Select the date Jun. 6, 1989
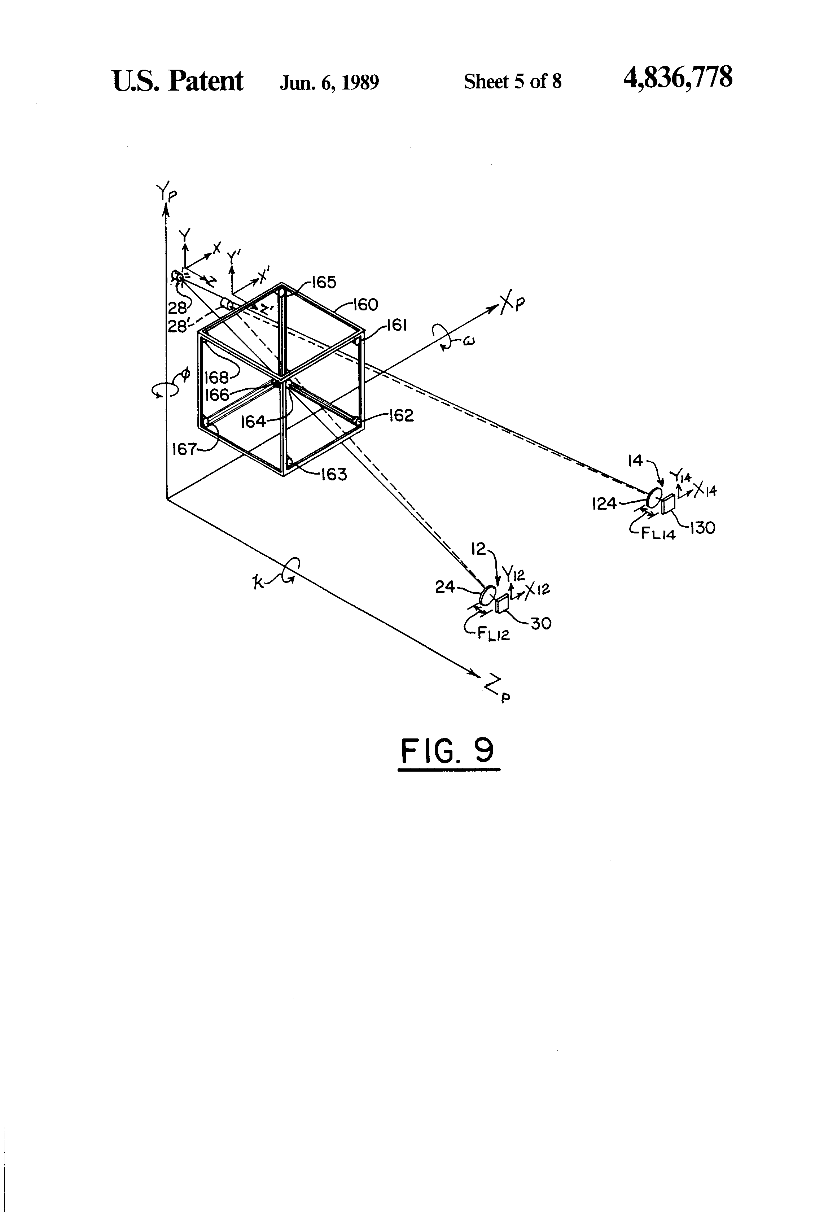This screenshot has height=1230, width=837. click(x=329, y=82)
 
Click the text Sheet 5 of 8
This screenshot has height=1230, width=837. click(x=512, y=82)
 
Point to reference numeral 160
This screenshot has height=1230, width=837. click(x=365, y=305)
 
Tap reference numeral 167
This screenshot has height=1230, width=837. click(x=184, y=449)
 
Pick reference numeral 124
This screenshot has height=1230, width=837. click(x=604, y=503)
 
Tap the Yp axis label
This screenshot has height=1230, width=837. click(x=166, y=194)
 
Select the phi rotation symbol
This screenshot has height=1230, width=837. click(x=185, y=375)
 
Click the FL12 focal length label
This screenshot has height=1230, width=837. click(x=493, y=633)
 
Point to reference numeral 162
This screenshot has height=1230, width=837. click(x=400, y=415)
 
